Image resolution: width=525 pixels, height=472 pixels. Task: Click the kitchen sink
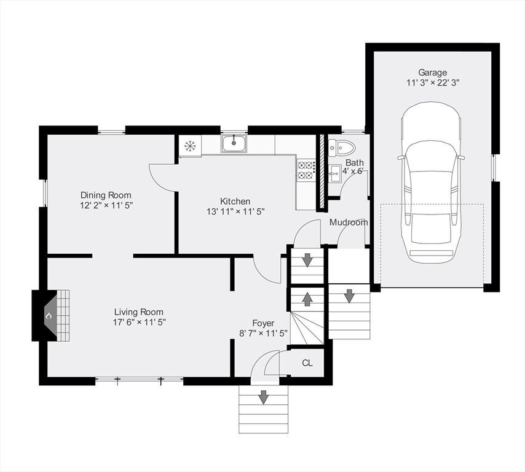point(234,144)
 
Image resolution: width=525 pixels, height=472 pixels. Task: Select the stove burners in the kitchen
point(306,170)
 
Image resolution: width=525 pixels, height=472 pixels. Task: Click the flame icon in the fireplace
point(49,316)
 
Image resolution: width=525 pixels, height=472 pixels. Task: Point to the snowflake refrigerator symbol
point(190,146)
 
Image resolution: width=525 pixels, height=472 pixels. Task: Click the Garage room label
point(432,73)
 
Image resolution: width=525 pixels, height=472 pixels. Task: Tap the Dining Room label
point(106,195)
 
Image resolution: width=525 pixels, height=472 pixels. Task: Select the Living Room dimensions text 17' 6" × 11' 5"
point(140,322)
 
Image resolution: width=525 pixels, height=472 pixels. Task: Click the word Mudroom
point(349,222)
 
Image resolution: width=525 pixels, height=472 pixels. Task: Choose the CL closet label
point(307,363)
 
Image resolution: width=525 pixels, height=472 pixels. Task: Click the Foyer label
point(263,323)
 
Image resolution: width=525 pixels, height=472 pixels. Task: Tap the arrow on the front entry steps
point(264,396)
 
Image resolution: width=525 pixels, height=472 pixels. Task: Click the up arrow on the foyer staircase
point(307,299)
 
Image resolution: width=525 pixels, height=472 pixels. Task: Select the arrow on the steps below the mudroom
point(349,296)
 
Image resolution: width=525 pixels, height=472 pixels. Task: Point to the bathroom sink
point(334,174)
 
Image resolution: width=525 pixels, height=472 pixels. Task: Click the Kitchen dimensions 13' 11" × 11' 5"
point(235,211)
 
